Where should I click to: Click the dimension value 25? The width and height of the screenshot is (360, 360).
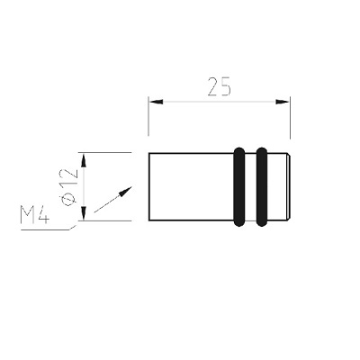(x=220, y=86)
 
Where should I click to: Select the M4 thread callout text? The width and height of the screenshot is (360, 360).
(x=35, y=215)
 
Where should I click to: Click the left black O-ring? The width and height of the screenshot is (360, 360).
(x=239, y=186)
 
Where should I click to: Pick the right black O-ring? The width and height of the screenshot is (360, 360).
(x=262, y=186)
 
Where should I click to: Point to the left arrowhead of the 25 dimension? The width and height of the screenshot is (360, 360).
(x=156, y=102)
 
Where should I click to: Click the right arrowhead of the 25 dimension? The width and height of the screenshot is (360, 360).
(x=282, y=102)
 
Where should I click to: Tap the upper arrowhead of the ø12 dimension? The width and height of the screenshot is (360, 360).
(x=84, y=160)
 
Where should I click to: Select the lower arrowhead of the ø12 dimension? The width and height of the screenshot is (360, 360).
(x=84, y=213)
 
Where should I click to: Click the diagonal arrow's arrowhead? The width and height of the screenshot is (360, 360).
(x=125, y=191)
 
